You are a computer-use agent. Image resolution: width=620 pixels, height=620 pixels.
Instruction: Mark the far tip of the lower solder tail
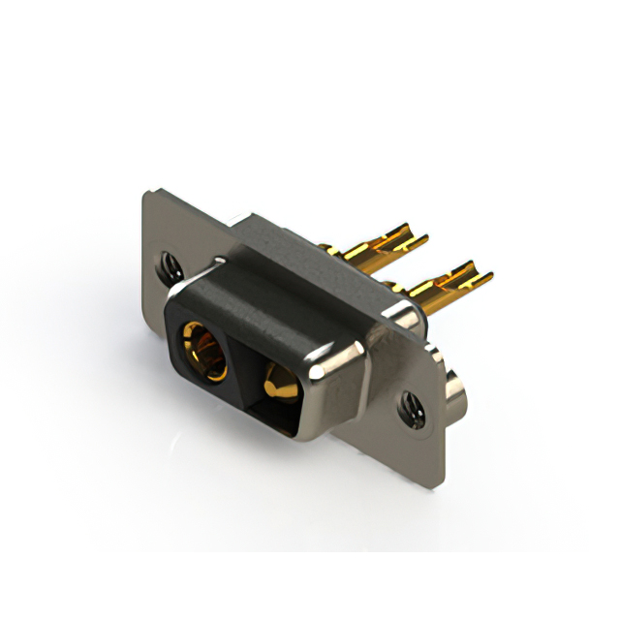(489, 276)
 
